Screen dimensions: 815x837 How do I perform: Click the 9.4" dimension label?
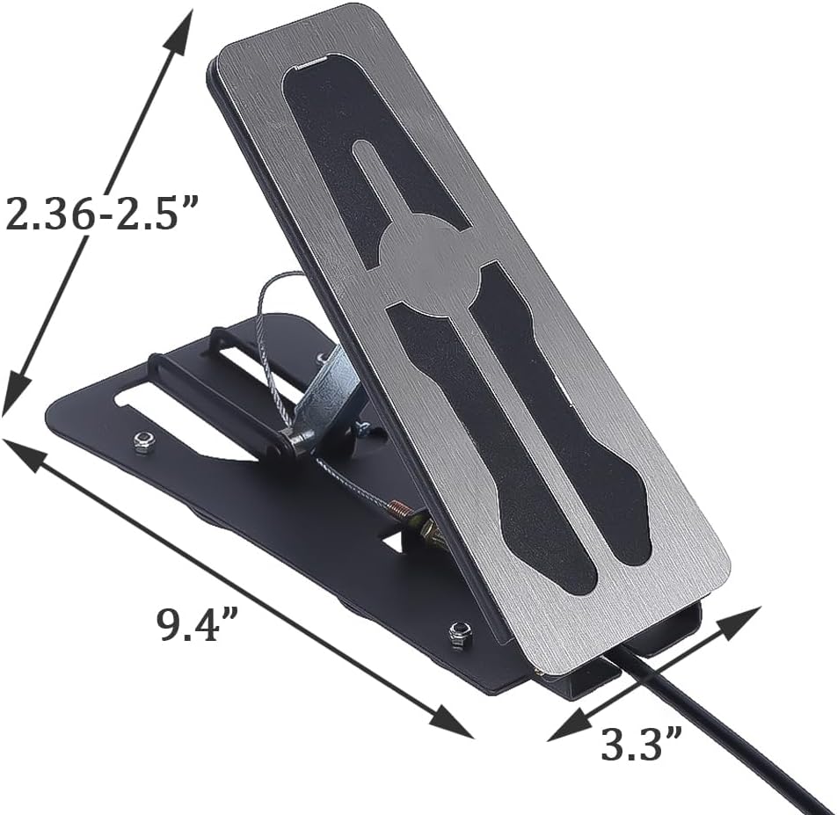pyautogui.click(x=199, y=624)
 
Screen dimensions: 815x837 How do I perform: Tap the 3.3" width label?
pyautogui.click(x=642, y=745)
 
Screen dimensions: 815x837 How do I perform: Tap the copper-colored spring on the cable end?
pyautogui.click(x=401, y=507)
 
